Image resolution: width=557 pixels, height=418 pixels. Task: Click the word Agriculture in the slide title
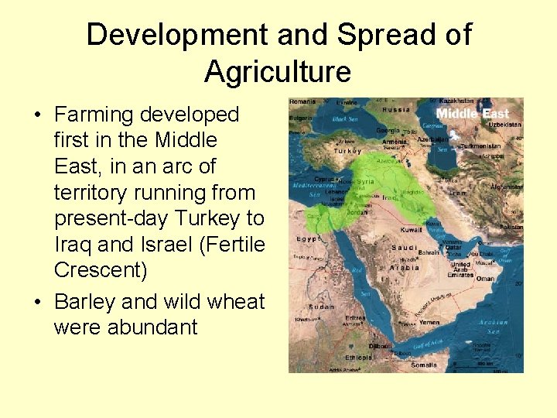[x=278, y=72]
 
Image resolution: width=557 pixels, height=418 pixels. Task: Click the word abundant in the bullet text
[x=126, y=327]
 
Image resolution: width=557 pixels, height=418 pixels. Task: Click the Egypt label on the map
[x=308, y=239]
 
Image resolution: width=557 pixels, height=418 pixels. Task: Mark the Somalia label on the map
[x=424, y=365]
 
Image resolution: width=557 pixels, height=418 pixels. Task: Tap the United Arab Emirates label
[x=461, y=269]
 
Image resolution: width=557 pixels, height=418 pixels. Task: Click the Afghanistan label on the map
[x=506, y=186]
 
